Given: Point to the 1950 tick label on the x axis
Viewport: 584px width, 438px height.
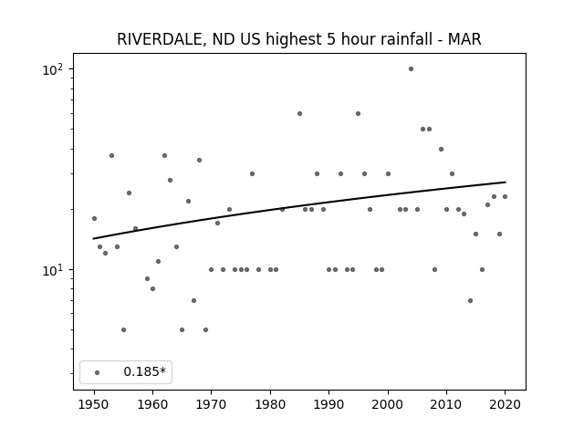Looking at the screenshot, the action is point(94,404).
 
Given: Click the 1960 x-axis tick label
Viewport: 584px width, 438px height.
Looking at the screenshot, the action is point(152,404).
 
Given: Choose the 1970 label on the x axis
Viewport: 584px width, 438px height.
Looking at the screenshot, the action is point(211,404).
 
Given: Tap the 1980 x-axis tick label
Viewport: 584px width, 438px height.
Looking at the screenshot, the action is point(270,404).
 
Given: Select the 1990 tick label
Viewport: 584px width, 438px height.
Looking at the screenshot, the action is point(328,404).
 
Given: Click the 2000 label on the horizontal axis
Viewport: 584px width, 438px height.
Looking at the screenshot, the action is point(388,404).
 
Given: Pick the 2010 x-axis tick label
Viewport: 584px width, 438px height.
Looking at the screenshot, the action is point(446,404).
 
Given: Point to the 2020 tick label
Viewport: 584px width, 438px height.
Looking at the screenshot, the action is point(505,404).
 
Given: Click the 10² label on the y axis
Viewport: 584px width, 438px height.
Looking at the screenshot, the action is point(53,69).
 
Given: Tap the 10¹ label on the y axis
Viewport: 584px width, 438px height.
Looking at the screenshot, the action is point(53,270).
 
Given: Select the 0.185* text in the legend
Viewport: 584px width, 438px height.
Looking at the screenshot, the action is point(144,371).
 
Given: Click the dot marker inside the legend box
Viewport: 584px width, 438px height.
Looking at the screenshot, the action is point(98,372).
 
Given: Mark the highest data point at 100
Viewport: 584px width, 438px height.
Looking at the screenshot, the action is point(411,69).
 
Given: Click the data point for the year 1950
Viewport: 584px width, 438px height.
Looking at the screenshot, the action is point(94,219).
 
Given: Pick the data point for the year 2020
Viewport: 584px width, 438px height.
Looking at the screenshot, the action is point(505,197).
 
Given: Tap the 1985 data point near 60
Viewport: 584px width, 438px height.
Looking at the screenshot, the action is point(299,113).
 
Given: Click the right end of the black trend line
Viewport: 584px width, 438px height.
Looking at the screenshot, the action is point(506,182).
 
